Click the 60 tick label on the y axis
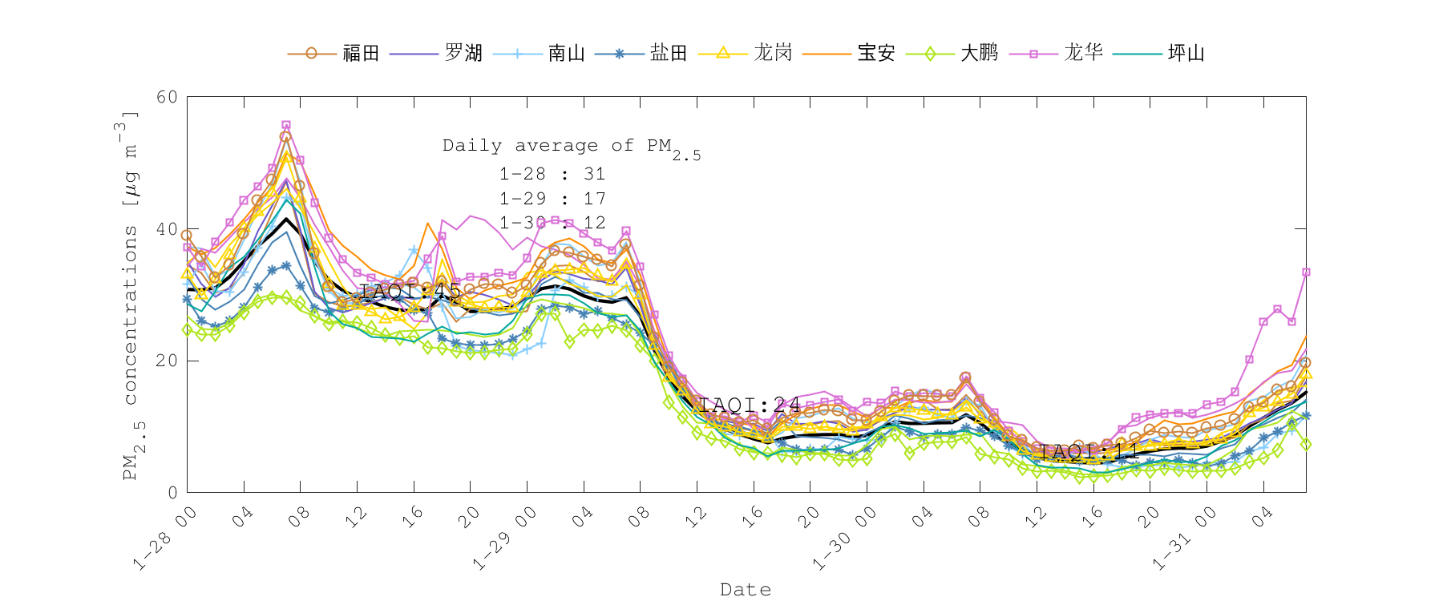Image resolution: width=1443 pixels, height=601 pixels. pos(167,97)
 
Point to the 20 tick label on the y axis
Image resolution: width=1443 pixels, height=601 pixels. pos(167,361)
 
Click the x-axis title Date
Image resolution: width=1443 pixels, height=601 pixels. pos(746,590)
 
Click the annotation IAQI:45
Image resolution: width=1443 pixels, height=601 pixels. pos(410,291)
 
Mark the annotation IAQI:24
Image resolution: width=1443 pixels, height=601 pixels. pos(750,405)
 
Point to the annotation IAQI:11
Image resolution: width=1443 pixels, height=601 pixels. pos(1089,452)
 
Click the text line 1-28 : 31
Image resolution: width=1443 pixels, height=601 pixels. pos(552,174)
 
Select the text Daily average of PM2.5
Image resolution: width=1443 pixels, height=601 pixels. pos(571,147)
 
